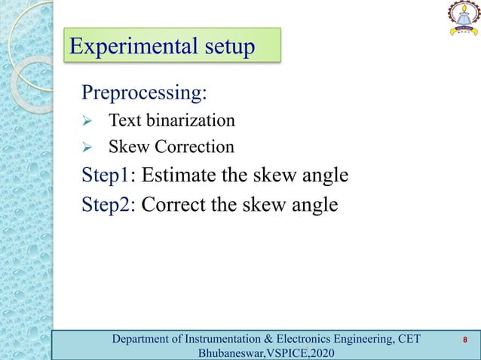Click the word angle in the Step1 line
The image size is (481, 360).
point(323,176)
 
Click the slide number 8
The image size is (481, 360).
point(465,340)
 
